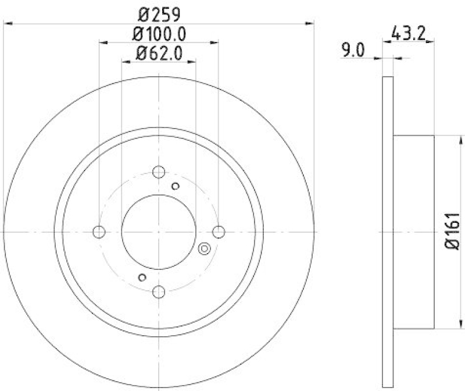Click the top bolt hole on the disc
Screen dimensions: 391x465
click(159, 172)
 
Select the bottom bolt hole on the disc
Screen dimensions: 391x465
click(159, 292)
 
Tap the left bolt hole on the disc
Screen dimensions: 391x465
click(99, 232)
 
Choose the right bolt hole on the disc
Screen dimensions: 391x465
click(219, 232)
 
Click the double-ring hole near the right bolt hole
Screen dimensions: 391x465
click(204, 249)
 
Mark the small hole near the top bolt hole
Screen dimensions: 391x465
click(176, 186)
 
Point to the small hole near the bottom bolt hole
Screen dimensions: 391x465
click(141, 277)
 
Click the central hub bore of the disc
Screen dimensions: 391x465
click(159, 232)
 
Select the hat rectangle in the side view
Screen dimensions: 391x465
click(414, 232)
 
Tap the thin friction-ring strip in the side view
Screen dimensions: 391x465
click(388, 232)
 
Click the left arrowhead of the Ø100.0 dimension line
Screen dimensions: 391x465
click(103, 42)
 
